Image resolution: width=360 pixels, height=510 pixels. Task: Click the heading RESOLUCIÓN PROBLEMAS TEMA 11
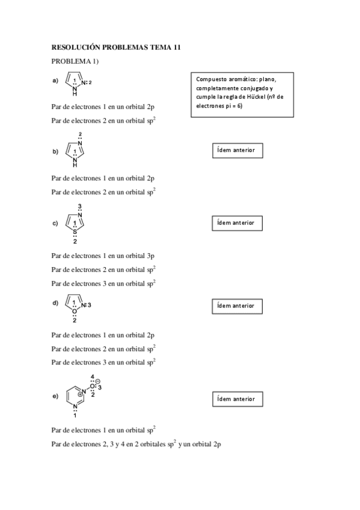(x=116, y=46)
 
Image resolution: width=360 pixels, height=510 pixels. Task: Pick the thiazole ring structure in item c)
(x=75, y=223)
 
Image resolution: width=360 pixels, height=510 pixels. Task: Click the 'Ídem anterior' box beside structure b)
(x=238, y=150)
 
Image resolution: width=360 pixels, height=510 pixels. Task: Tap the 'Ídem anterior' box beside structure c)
(x=238, y=223)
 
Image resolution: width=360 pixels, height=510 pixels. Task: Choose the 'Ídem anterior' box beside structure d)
(x=238, y=306)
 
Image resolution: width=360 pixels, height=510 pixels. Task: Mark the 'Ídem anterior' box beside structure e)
(x=238, y=399)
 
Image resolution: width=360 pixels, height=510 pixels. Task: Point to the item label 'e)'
(x=55, y=396)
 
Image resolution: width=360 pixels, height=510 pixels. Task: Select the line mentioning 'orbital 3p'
(x=103, y=256)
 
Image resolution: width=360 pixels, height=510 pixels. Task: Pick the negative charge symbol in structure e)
(x=97, y=381)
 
